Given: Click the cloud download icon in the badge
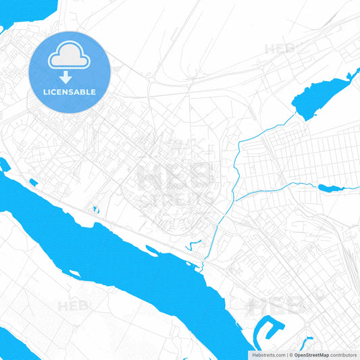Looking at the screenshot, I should [70, 57].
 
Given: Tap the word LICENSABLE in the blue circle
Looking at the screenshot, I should [70, 92].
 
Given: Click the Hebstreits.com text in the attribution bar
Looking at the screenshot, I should [269, 355].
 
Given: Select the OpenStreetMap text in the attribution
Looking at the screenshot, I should [311, 355].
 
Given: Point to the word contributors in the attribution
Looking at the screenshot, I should [343, 355].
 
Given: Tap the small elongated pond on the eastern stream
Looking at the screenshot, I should [331, 188].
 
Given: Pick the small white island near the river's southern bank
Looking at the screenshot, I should [75, 274].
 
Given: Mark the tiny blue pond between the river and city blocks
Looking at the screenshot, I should [95, 210].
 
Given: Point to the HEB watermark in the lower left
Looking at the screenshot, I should [73, 306].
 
